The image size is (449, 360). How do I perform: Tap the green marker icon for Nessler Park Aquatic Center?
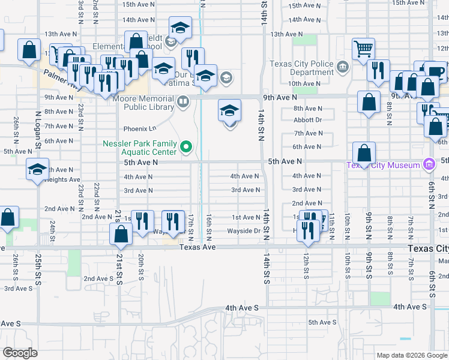tap(186, 146)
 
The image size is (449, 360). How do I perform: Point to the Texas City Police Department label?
tap(301, 68)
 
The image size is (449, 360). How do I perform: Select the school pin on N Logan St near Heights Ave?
tap(37, 170)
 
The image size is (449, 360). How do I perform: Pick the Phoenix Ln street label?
tap(139, 128)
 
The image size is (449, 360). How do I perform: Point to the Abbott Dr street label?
tap(307, 119)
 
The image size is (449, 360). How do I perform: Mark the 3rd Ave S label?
tap(18, 288)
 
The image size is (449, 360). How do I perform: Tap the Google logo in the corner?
tap(20, 352)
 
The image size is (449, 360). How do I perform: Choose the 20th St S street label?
tap(140, 268)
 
